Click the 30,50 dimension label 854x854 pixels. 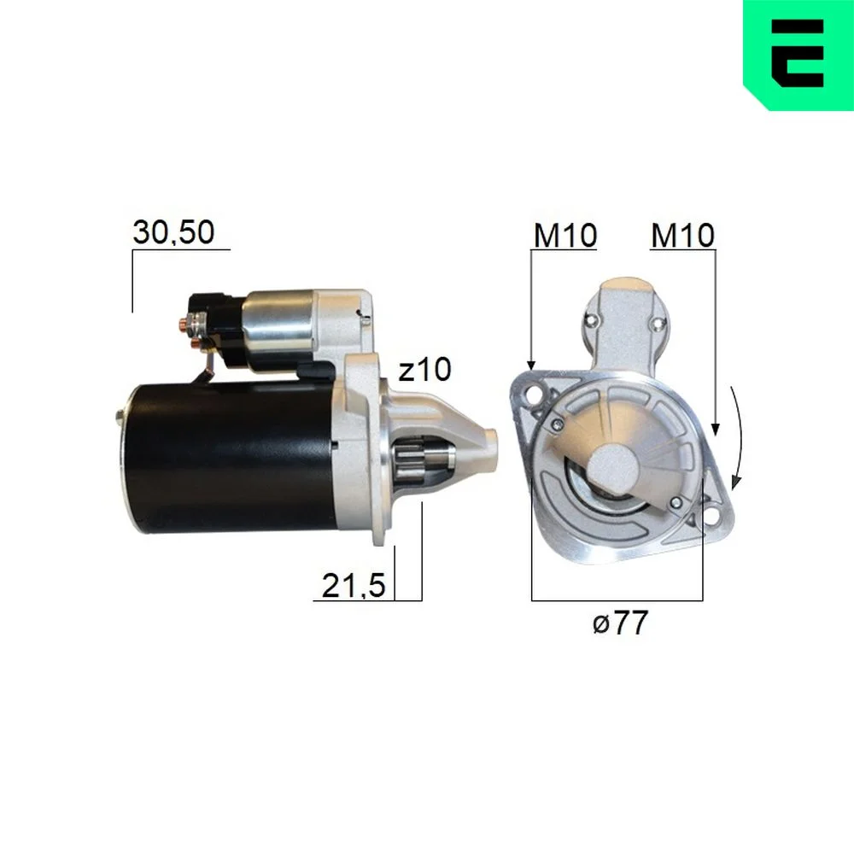tap(173, 232)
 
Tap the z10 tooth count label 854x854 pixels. tap(424, 370)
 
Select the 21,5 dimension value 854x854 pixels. tap(354, 586)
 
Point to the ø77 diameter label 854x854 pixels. tap(620, 622)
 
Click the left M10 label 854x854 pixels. tap(565, 236)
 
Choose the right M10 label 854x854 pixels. tap(682, 236)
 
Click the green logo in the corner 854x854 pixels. tap(798, 55)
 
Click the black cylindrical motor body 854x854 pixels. tap(229, 458)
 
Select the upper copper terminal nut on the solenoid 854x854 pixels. tap(193, 325)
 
